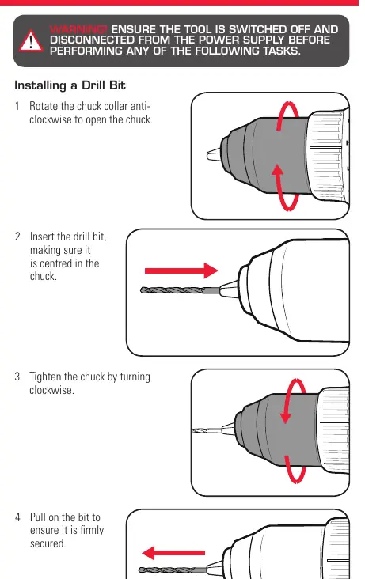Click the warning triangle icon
coord(31,41)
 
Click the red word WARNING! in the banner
coord(78,29)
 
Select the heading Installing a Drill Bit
coord(70,85)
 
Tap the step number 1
coord(17,106)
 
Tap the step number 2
coord(17,237)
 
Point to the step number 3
coord(17,377)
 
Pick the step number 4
coord(17,517)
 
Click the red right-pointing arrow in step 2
coord(181,271)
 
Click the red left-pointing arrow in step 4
coord(173,553)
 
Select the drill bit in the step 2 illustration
coord(180,290)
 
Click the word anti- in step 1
coord(140,106)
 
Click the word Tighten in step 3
coord(45,377)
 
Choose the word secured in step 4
coord(48,543)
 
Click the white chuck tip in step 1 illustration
coord(214,154)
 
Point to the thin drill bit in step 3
coord(207,430)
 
